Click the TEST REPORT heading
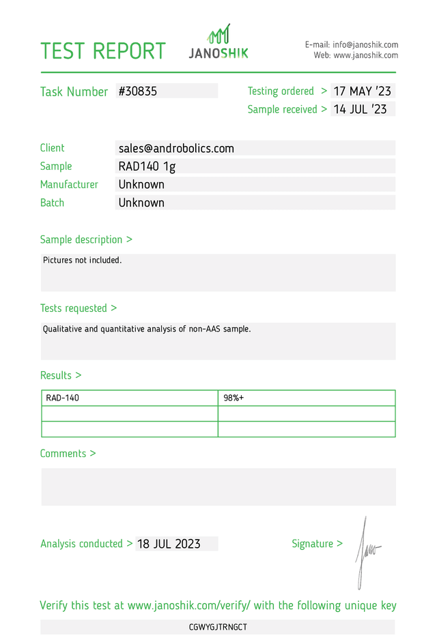tap(103, 51)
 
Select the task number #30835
tap(138, 91)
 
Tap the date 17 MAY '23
tap(362, 91)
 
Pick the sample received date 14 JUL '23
tap(360, 109)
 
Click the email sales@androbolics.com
tap(176, 148)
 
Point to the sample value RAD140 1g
tap(147, 166)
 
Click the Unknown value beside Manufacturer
tap(141, 184)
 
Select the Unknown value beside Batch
tap(141, 203)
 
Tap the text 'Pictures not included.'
tap(83, 260)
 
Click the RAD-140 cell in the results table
tap(63, 398)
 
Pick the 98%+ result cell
tap(234, 398)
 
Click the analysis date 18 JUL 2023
tap(169, 544)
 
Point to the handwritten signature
tap(365, 549)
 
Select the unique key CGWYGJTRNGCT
tap(218, 627)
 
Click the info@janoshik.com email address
tap(365, 44)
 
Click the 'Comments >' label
tap(68, 454)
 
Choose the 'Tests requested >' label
tap(78, 308)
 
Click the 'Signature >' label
tap(317, 544)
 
